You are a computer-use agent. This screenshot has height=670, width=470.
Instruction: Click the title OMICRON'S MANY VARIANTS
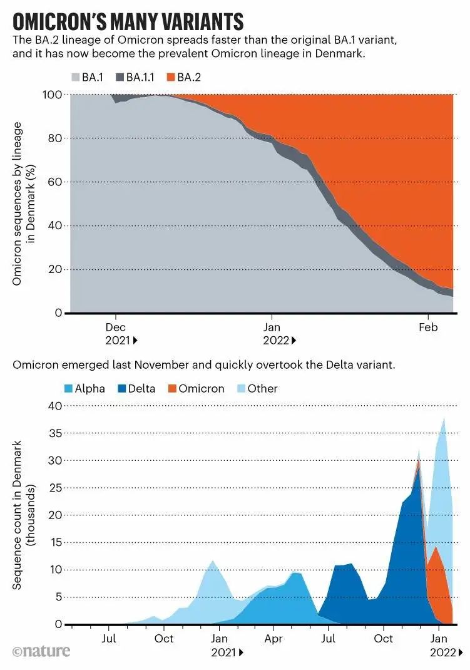pyautogui.click(x=128, y=21)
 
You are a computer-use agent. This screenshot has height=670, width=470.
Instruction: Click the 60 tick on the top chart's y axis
pyautogui.click(x=55, y=182)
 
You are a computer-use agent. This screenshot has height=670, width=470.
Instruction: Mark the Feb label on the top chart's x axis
pyautogui.click(x=427, y=327)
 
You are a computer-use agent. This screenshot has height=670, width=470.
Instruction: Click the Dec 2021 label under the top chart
pyautogui.click(x=117, y=334)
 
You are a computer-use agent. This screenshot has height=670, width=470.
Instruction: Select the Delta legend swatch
pyautogui.click(x=121, y=388)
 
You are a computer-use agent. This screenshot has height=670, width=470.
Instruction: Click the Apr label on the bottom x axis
pyautogui.click(x=273, y=639)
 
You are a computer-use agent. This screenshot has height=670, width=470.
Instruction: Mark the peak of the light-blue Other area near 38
pyautogui.click(x=444, y=418)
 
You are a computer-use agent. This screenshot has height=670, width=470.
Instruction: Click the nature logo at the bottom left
pyautogui.click(x=41, y=652)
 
